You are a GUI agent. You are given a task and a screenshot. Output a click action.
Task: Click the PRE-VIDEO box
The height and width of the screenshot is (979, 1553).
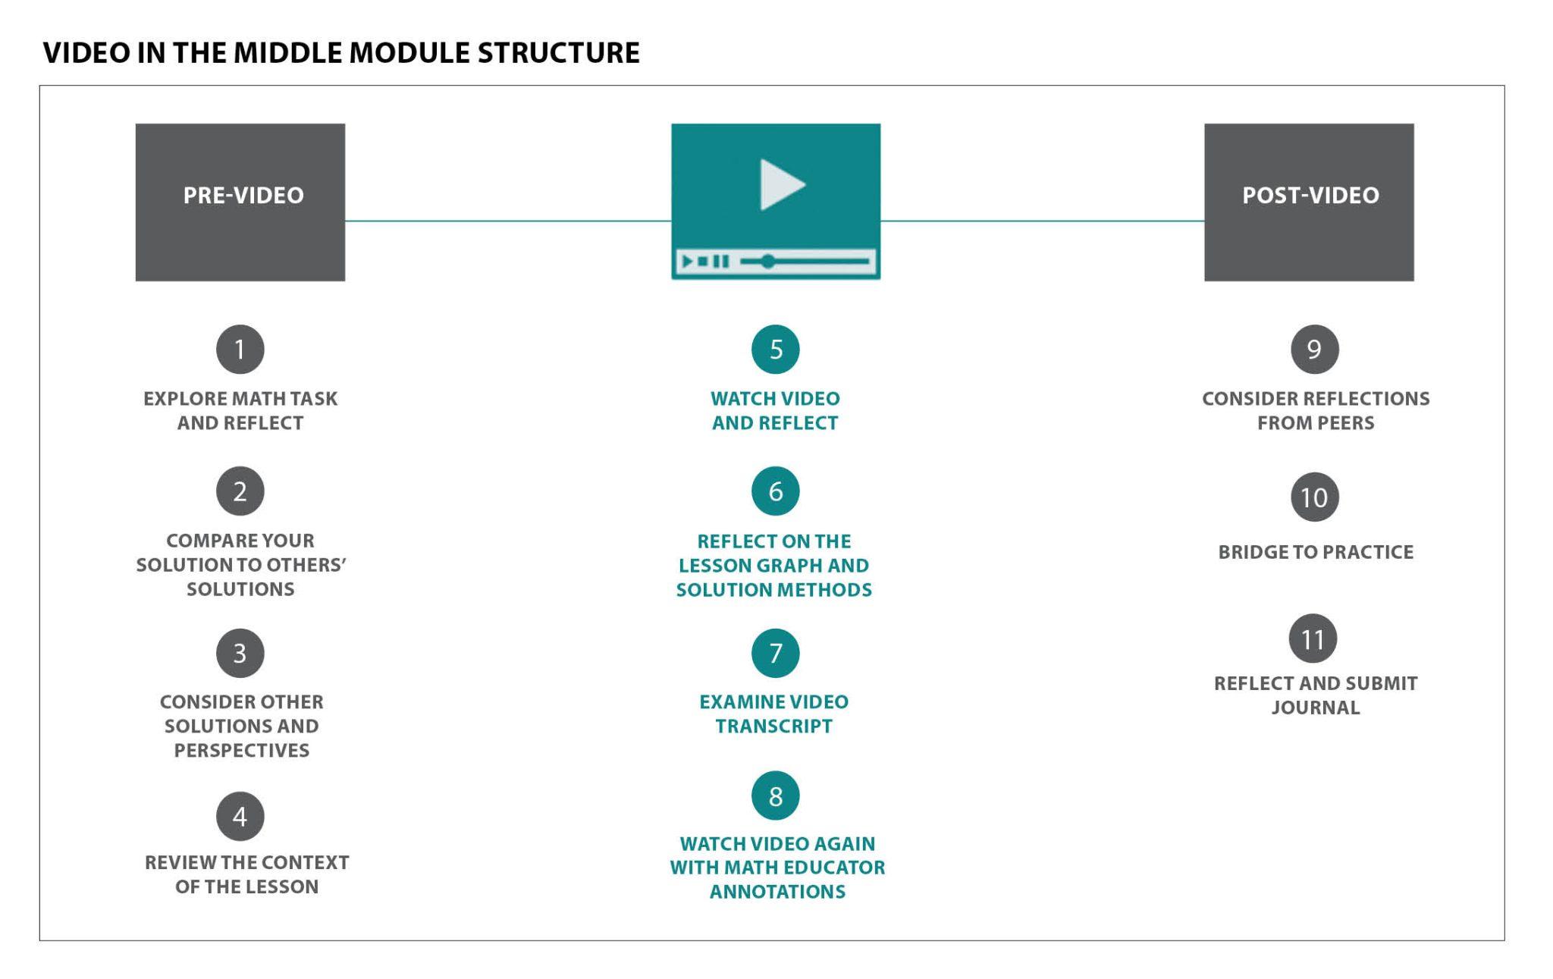(240, 202)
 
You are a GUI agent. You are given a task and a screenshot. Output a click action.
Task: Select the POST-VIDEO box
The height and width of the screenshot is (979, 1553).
(1309, 202)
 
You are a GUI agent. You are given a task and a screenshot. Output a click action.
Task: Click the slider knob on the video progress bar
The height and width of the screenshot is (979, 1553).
(768, 262)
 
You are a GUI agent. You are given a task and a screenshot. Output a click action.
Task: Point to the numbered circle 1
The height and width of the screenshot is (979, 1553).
(240, 350)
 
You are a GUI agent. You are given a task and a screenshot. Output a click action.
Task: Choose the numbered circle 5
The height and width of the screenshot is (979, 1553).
(776, 350)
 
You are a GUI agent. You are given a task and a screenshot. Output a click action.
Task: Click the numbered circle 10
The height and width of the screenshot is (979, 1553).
(1315, 497)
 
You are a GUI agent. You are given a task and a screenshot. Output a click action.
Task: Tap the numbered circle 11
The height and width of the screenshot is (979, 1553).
(1313, 639)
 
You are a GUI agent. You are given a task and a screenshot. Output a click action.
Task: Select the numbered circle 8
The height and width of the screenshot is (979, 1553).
(776, 796)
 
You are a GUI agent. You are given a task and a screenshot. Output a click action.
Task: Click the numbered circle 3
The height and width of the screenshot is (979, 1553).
(240, 654)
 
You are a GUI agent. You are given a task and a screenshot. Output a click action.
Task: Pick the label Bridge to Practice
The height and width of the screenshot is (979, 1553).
(1316, 552)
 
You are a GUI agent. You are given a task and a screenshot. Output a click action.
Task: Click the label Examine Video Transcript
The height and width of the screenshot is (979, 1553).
(774, 714)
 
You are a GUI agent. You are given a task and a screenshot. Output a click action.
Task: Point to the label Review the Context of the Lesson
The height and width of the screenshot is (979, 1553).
(247, 874)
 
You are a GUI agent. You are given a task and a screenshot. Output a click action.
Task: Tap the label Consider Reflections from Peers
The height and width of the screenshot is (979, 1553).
(1316, 410)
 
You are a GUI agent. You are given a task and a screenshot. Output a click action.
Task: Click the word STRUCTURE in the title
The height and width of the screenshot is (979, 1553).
(559, 52)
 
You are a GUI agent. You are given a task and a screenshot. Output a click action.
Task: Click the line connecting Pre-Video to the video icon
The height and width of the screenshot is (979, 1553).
(508, 221)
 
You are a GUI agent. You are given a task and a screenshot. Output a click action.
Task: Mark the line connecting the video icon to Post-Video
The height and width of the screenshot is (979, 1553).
(1043, 221)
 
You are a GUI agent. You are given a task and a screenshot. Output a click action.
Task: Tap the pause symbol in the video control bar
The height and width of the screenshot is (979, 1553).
(722, 262)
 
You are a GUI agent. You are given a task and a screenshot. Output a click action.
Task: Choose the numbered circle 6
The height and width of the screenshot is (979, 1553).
(776, 491)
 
